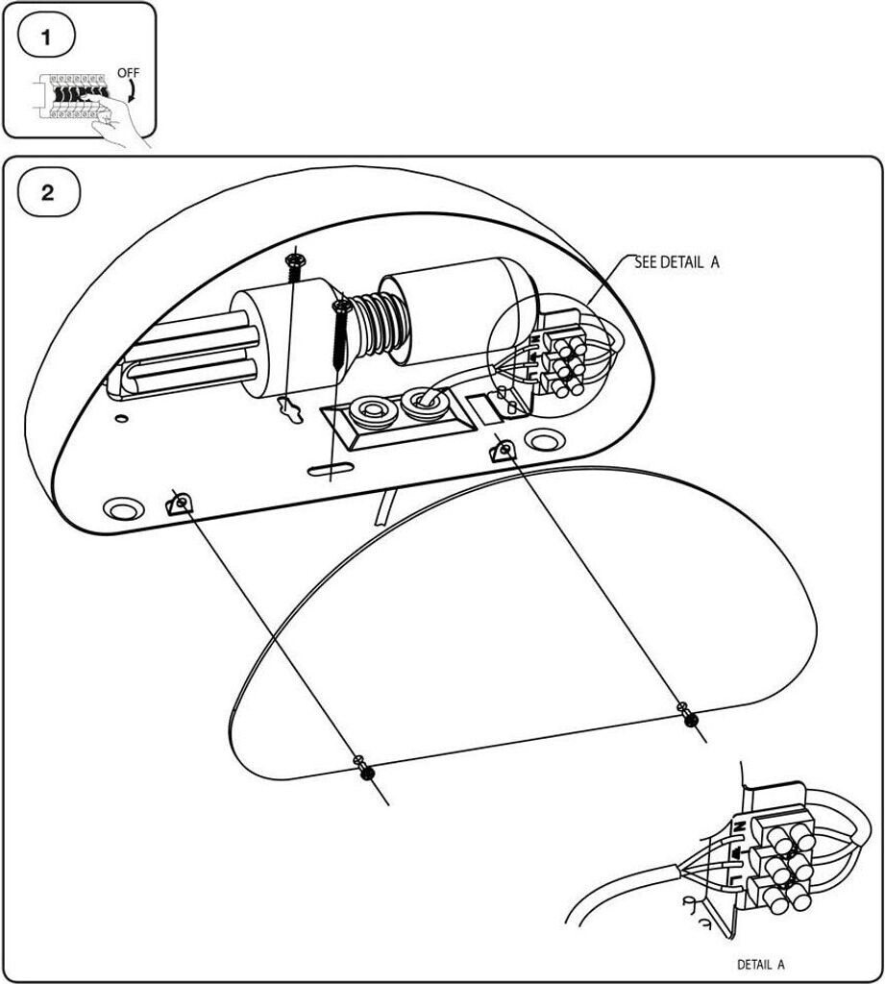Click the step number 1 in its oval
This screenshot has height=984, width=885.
[x=44, y=37]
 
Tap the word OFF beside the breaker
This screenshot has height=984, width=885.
[x=127, y=73]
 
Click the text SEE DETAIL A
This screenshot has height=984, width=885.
[x=676, y=261]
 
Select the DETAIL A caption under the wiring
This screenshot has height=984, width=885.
[x=760, y=964]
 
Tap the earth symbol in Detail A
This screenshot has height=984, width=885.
[x=736, y=851]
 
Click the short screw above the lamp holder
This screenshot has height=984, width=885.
[x=294, y=265]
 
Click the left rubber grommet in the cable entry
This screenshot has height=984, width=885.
[x=369, y=411]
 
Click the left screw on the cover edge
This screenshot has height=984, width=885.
[x=366, y=771]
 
